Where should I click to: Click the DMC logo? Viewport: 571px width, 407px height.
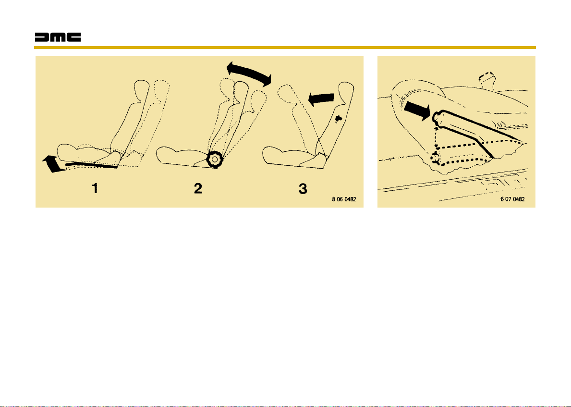click(x=58, y=37)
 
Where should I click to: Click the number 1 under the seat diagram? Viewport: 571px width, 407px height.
click(x=95, y=188)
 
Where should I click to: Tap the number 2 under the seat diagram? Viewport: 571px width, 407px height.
click(x=198, y=188)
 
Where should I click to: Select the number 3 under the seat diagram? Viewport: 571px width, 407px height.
click(x=303, y=188)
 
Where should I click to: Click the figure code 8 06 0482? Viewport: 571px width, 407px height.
click(x=344, y=199)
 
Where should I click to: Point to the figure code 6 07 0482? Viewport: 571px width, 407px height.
click(x=512, y=199)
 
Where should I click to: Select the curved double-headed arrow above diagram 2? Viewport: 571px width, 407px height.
click(x=249, y=74)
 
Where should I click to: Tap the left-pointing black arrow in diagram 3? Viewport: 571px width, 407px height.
click(x=321, y=99)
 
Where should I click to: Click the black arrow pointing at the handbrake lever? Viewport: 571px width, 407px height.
click(x=418, y=111)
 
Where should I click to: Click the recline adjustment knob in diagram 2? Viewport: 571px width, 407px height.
click(x=215, y=160)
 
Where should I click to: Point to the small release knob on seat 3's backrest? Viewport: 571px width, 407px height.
click(x=339, y=119)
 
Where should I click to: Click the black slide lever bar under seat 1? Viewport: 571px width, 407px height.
click(x=92, y=165)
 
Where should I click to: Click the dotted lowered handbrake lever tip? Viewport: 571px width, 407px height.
click(x=435, y=159)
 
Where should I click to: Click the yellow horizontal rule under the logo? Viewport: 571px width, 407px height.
click(x=285, y=48)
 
